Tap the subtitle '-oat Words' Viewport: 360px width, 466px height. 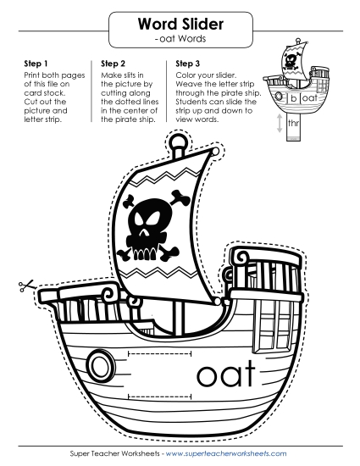pyautogui.click(x=180, y=38)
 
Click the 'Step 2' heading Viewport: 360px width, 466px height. pyautogui.click(x=114, y=64)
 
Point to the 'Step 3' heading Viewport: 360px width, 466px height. pyautogui.click(x=188, y=64)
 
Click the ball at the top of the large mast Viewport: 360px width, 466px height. pyautogui.click(x=179, y=143)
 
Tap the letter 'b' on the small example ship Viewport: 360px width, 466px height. pyautogui.click(x=293, y=98)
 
